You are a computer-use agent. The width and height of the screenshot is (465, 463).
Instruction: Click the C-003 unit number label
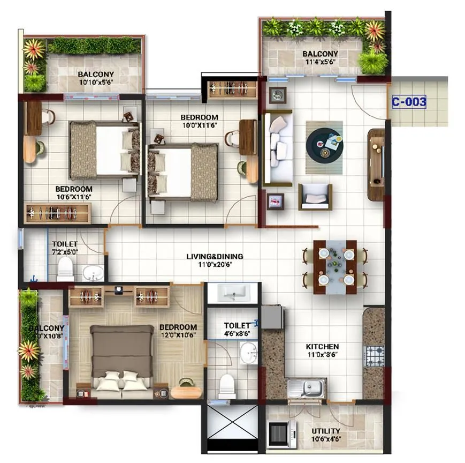[x=409, y=102]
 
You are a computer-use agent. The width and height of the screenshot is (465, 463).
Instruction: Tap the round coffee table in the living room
[x=324, y=144]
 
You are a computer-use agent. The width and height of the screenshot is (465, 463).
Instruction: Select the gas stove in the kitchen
[x=374, y=355]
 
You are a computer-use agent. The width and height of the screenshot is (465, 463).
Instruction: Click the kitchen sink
[x=307, y=387]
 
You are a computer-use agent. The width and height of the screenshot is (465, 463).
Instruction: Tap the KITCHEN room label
[x=322, y=347]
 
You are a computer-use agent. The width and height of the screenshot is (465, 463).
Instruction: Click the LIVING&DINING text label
[x=215, y=256]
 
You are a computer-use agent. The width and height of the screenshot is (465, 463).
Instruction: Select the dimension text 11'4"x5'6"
[x=320, y=62]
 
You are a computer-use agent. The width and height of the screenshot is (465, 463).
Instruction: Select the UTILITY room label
[x=325, y=431]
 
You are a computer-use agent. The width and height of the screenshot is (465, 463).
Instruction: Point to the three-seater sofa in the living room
[x=277, y=148]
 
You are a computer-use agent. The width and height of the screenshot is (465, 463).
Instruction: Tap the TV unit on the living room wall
[x=377, y=164]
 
